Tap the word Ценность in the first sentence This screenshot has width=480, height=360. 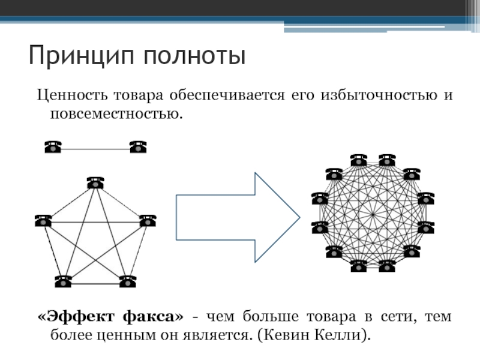pos(67,95)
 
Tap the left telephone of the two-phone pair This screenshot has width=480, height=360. pos(53,146)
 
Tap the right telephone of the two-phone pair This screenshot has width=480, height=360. pos(138,146)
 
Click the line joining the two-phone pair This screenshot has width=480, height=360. pos(95,148)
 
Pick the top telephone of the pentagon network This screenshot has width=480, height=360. pos(95,182)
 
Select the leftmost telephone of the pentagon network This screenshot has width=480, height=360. pos(43,220)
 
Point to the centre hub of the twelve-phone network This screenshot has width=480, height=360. pos(373,214)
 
